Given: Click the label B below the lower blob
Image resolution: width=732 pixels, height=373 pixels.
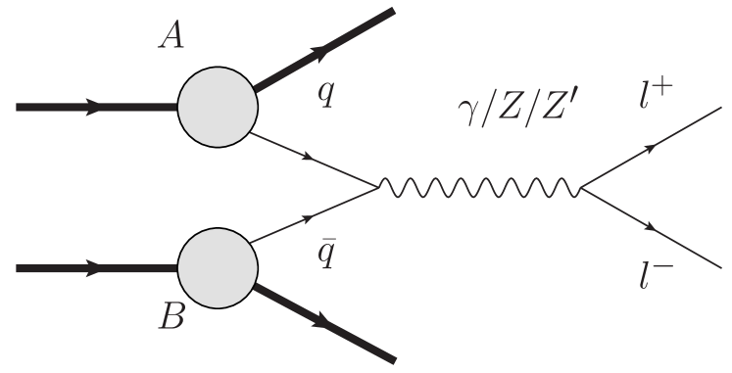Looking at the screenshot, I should pos(172,319).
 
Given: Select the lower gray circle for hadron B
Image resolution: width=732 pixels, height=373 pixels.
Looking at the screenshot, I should pos(216,266).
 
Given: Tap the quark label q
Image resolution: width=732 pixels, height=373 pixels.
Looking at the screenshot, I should pos(324,95).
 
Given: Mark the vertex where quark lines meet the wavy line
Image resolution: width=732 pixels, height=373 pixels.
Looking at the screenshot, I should pos(380,186).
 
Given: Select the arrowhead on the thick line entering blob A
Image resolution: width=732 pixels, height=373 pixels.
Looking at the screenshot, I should pos(94,108).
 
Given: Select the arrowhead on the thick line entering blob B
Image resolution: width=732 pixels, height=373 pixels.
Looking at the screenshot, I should pos(94,266).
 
